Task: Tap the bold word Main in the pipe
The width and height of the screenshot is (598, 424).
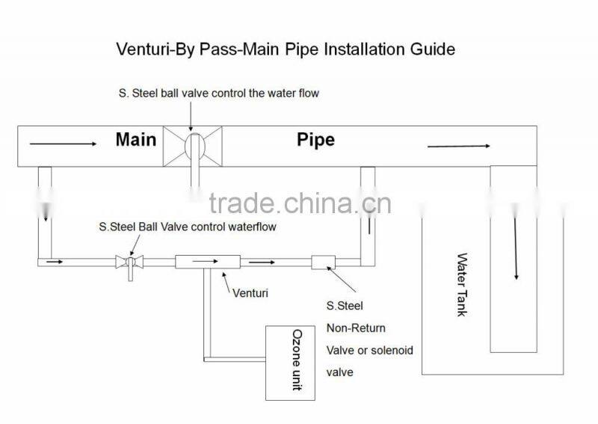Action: [x=135, y=140]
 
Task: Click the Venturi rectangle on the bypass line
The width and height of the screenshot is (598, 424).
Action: [x=206, y=262]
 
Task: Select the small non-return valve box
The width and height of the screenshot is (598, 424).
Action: [x=323, y=262]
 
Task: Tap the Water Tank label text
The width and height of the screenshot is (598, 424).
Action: [x=461, y=284]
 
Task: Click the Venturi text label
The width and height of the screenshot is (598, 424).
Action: [x=250, y=293]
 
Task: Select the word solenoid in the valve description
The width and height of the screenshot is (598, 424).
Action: [x=392, y=349]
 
